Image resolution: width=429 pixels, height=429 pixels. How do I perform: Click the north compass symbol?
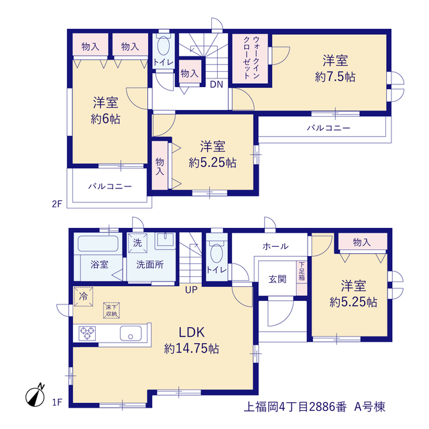[x=35, y=396]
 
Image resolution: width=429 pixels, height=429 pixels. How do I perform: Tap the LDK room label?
[x=192, y=332]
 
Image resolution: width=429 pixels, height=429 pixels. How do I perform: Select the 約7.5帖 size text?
[x=335, y=77]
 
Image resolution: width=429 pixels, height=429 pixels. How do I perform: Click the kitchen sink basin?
[x=131, y=334]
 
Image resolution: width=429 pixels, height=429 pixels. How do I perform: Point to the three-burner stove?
[x=87, y=334]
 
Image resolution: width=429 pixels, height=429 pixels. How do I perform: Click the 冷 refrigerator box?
[x=83, y=296]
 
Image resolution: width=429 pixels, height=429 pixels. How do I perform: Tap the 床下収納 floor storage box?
[x=112, y=310]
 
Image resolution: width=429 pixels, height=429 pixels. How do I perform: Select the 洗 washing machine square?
[x=137, y=243]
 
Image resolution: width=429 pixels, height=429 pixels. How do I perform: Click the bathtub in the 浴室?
[x=98, y=243]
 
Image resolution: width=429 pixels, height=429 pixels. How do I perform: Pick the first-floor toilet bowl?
[x=217, y=253]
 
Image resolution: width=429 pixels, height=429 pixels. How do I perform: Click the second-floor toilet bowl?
[x=164, y=46]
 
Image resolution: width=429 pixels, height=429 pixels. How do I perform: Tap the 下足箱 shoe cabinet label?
[x=302, y=271]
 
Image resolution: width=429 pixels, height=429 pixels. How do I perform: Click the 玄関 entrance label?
[x=278, y=280]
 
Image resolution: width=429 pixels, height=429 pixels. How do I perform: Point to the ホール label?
[x=275, y=247]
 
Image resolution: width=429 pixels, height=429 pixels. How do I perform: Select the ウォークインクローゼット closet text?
[x=251, y=58]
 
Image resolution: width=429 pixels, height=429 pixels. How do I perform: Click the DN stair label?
[x=217, y=84]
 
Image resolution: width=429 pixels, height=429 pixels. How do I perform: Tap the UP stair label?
[x=191, y=290]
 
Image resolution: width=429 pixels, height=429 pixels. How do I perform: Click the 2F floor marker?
[x=57, y=204]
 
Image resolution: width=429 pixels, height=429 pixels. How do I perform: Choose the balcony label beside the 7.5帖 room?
[x=328, y=128]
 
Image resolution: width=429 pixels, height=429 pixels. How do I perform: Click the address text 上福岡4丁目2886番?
[x=296, y=407]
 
